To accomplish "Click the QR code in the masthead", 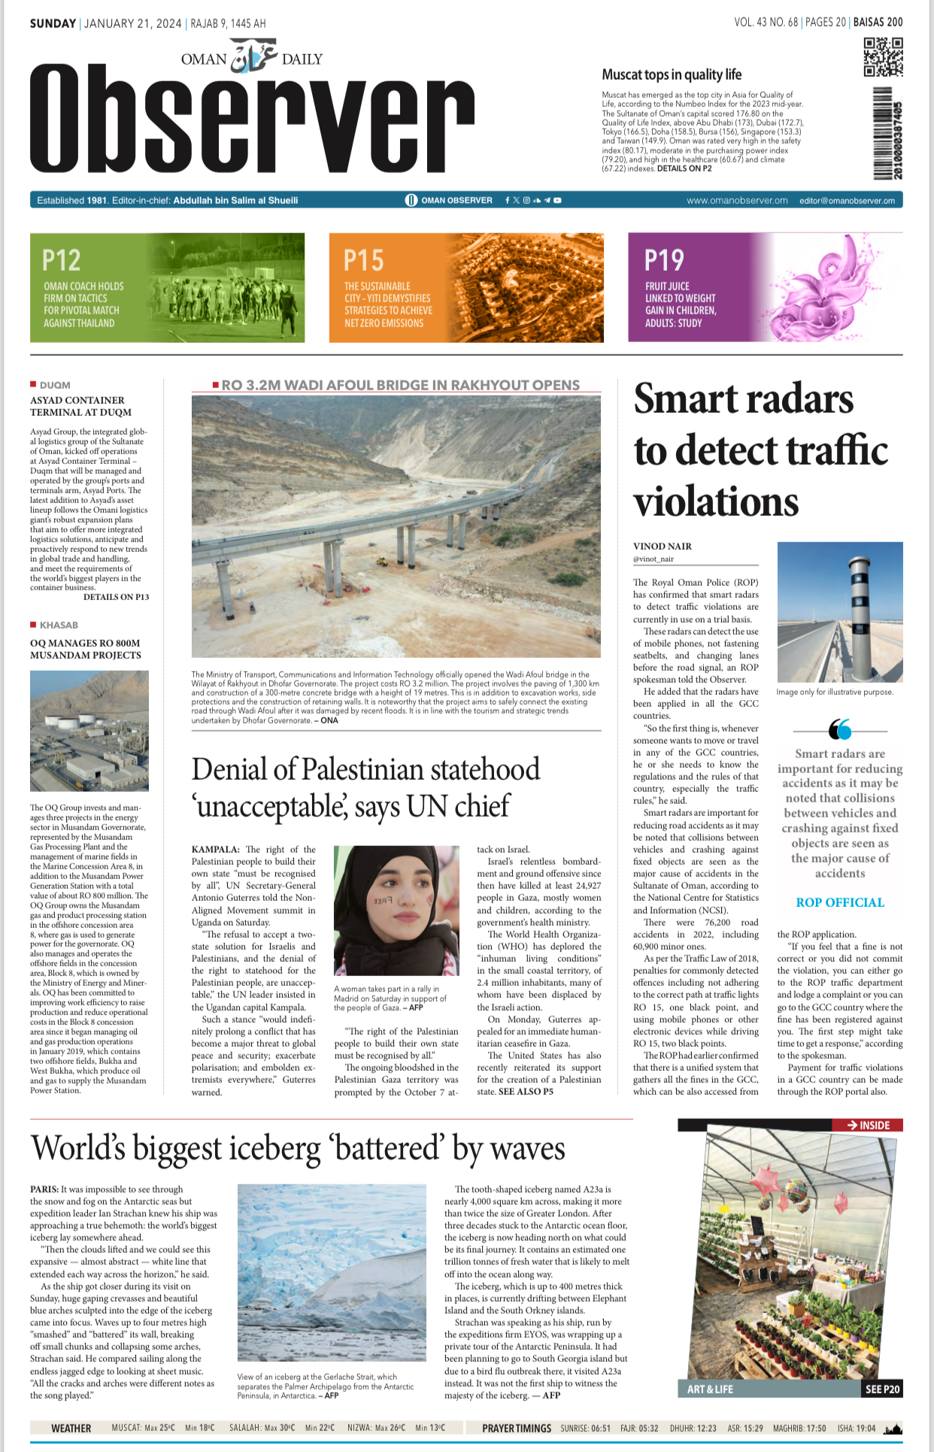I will tap(883, 57).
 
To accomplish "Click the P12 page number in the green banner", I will tap(61, 260).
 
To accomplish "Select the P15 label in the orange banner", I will tap(363, 260).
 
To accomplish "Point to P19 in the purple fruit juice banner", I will tap(664, 260).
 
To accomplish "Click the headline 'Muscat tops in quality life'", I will tap(671, 74).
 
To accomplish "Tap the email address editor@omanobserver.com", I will tap(847, 201).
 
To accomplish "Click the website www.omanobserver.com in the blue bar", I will tap(737, 201).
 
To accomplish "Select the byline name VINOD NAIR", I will tap(662, 547).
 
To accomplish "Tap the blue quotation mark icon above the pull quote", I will tap(839, 729).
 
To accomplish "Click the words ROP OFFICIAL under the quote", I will tap(840, 902).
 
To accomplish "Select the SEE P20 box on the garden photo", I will tap(881, 1389).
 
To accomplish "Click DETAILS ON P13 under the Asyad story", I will tap(116, 597).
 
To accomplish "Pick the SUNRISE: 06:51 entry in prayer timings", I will tap(585, 1428).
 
